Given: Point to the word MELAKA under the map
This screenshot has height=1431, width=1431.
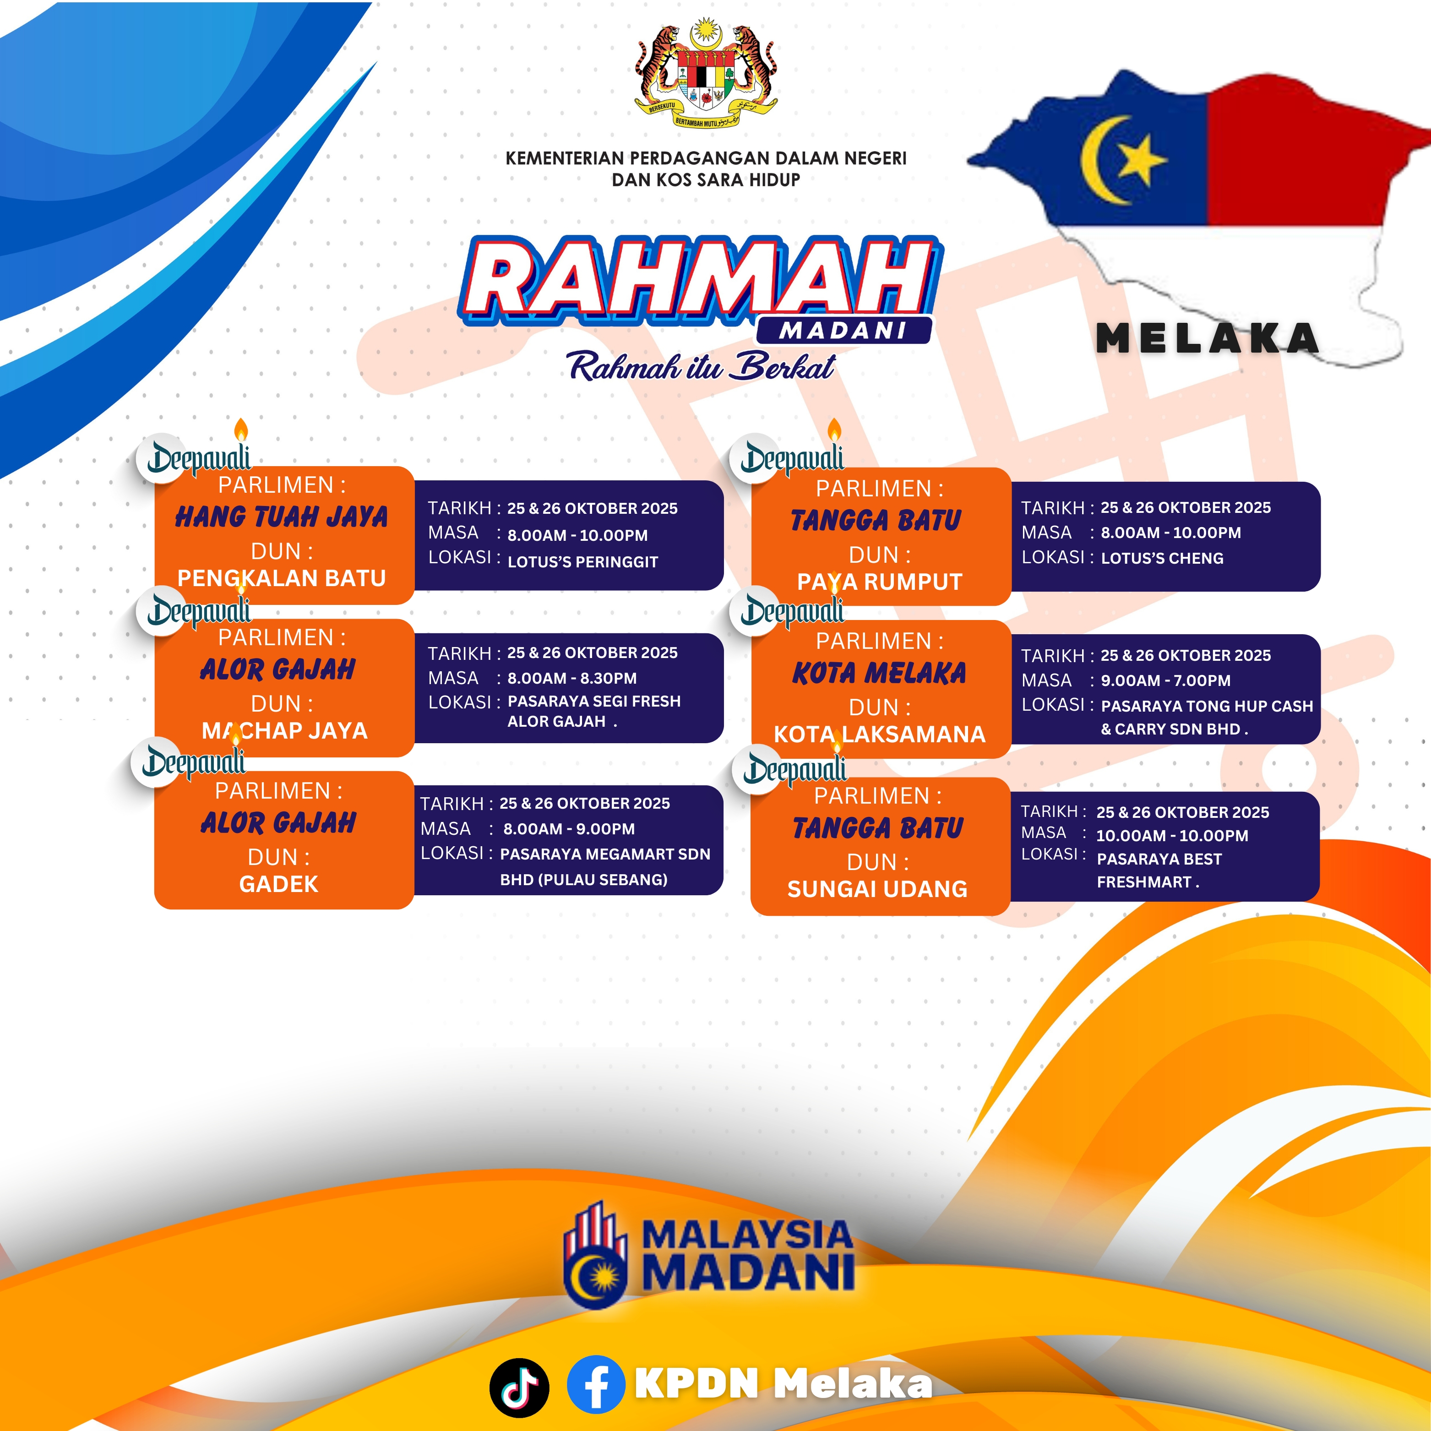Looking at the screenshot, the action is tap(1208, 339).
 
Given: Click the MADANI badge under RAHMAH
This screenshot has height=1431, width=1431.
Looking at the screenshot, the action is tap(843, 330).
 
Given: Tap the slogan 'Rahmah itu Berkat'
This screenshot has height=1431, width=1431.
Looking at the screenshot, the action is tap(701, 366).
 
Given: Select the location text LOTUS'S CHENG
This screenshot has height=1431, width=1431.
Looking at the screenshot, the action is tap(1162, 559).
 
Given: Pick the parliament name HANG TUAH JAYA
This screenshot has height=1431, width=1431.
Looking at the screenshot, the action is tap(282, 516).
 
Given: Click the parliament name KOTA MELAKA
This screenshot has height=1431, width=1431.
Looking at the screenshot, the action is tap(879, 673).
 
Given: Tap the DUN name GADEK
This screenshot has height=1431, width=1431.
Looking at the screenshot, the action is tap(278, 884).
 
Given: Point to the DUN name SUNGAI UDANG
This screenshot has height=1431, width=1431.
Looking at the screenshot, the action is tap(878, 889).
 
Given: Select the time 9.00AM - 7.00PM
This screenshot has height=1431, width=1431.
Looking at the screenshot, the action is tap(1166, 680).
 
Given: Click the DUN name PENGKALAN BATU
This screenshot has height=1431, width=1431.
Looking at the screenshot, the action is tap(282, 578).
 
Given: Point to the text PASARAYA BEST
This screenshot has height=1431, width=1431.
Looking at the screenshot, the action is tap(1159, 859).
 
